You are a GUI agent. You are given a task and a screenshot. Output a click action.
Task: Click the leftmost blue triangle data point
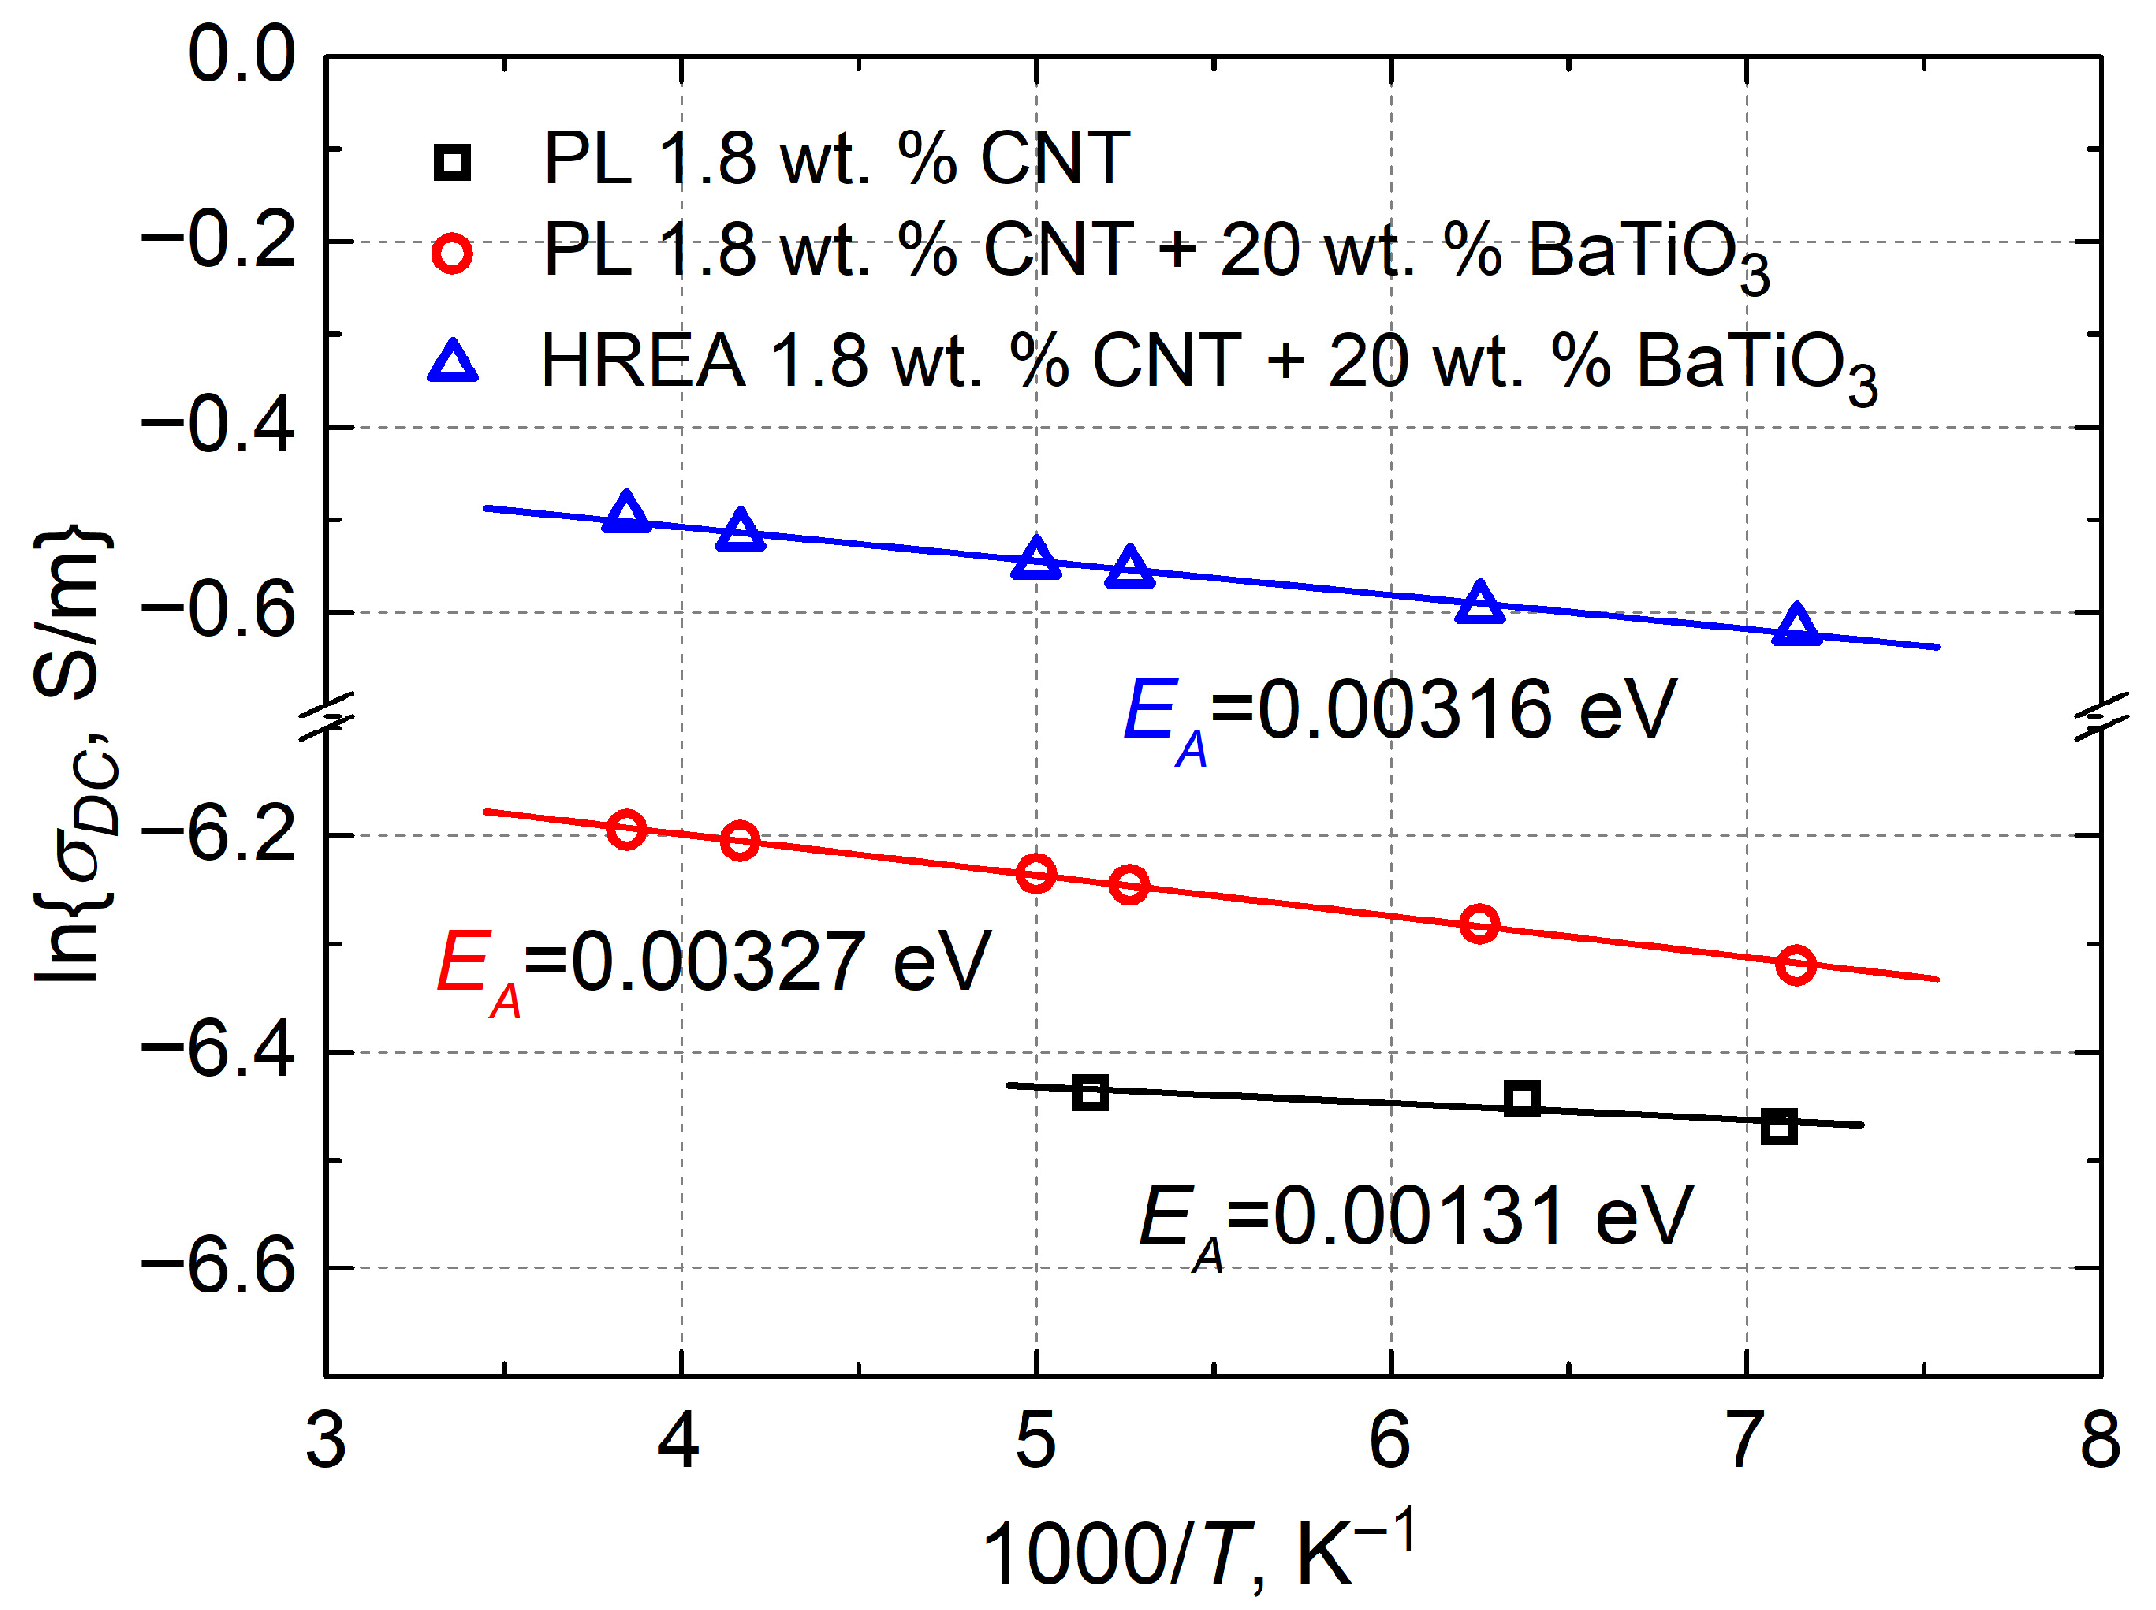(626, 514)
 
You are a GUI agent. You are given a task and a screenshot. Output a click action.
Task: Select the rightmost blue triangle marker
(1797, 626)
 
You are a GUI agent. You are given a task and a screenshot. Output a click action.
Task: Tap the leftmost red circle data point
(626, 830)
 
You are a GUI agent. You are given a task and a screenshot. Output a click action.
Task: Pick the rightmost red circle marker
(1796, 965)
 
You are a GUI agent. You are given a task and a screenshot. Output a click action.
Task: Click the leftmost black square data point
(1091, 1092)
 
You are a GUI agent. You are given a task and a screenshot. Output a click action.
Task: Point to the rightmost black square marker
(1779, 1127)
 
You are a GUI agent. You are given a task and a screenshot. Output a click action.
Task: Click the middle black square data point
(1523, 1099)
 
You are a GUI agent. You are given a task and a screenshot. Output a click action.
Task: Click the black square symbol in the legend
(453, 163)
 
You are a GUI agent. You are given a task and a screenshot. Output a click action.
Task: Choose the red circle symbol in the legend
(452, 254)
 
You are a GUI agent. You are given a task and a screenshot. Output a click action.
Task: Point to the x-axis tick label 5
(1035, 1441)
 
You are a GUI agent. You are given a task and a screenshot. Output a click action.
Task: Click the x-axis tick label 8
(2100, 1441)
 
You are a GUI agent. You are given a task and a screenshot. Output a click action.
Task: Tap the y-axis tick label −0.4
(219, 427)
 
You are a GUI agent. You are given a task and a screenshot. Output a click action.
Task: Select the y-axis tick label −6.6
(219, 1268)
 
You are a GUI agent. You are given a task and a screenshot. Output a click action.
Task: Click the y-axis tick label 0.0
(242, 56)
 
